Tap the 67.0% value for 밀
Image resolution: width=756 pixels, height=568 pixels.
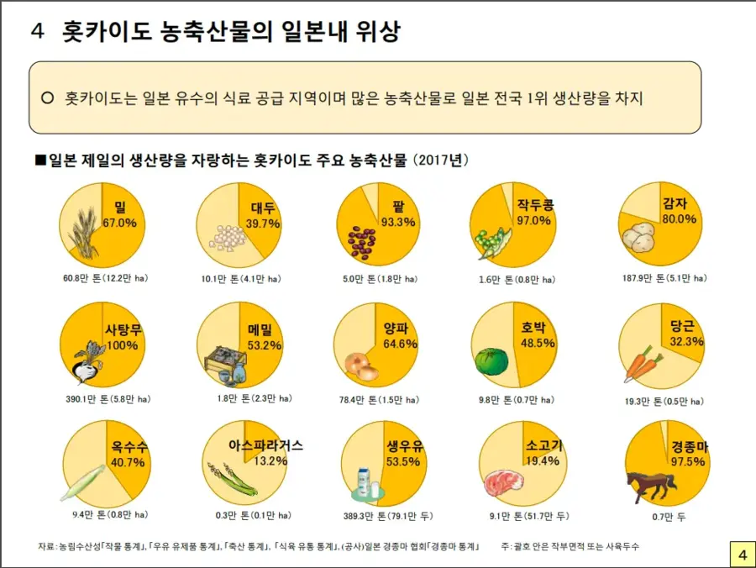tap(120, 223)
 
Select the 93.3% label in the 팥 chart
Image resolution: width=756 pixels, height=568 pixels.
tap(398, 222)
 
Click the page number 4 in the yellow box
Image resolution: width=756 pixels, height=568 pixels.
tap(742, 555)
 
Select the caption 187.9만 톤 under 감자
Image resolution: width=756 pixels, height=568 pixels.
tap(663, 278)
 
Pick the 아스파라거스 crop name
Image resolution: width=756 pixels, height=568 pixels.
tap(265, 445)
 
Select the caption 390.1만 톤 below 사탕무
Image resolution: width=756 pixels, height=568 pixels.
tap(106, 397)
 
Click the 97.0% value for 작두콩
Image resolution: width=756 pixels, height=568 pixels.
tap(534, 221)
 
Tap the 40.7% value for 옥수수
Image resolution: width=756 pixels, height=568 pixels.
tap(128, 462)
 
